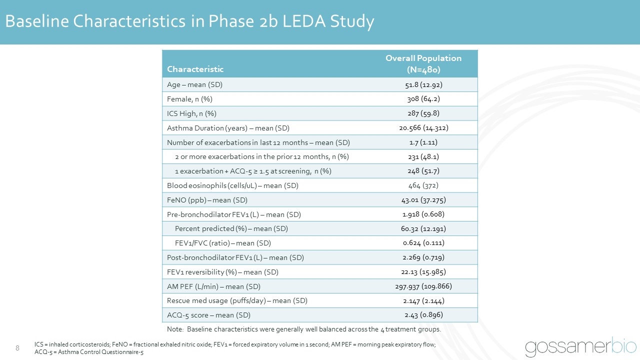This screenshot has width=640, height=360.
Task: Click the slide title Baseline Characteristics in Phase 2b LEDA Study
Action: pyautogui.click(x=189, y=21)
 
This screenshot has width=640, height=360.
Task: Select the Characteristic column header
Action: pyautogui.click(x=195, y=69)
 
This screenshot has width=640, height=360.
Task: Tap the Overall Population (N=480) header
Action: pyautogui.click(x=423, y=63)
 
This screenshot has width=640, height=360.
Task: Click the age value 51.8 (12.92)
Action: pyautogui.click(x=423, y=84)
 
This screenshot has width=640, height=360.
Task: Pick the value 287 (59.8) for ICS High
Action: pyautogui.click(x=423, y=113)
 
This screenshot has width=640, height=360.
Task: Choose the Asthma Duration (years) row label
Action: pyautogui.click(x=228, y=128)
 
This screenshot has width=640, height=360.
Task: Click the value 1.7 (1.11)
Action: pyautogui.click(x=423, y=142)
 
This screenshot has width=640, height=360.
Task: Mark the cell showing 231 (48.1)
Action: pyautogui.click(x=423, y=157)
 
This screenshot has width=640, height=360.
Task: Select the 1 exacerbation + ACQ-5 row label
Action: pyautogui.click(x=253, y=171)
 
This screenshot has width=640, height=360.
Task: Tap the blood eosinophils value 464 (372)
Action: pyautogui.click(x=423, y=186)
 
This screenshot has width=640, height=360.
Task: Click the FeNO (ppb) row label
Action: pyautogui.click(x=207, y=200)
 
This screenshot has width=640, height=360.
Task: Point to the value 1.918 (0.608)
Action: pyautogui.click(x=423, y=214)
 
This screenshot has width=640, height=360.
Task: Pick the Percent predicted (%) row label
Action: pyautogui.click(x=231, y=229)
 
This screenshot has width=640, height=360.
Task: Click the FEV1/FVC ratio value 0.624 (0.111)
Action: pyautogui.click(x=423, y=243)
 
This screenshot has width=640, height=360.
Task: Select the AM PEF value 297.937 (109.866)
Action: pyautogui.click(x=423, y=286)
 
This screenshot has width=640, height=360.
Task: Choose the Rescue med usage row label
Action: pyautogui.click(x=237, y=301)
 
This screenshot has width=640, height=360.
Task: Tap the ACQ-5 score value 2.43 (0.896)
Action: pyautogui.click(x=423, y=315)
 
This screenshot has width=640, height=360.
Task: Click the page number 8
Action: pyautogui.click(x=17, y=348)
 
